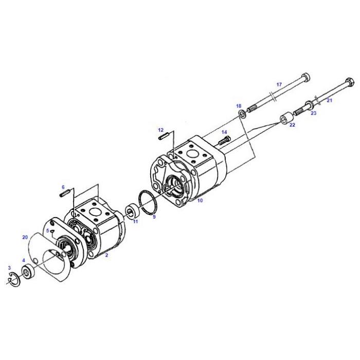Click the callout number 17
point(279,84)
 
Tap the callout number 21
point(330,101)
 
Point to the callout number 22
point(292,124)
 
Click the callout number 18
point(239,106)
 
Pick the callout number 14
point(224,132)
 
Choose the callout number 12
point(160,130)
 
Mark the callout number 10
point(200,200)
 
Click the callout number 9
point(154,217)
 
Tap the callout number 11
point(136,222)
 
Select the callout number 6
point(63,187)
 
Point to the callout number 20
point(25,237)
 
